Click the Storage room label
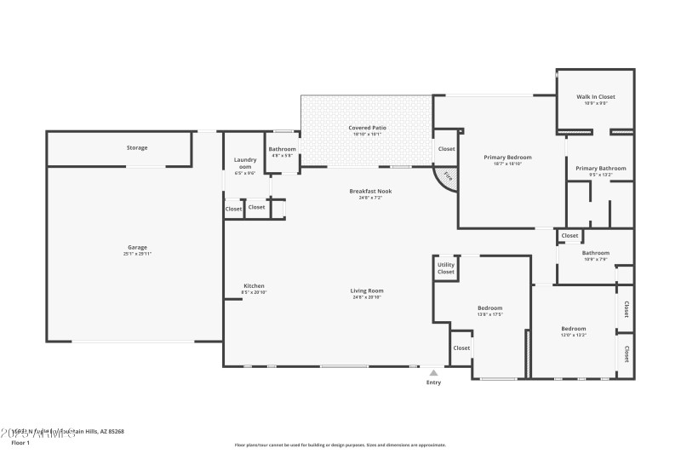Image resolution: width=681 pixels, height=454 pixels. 137,147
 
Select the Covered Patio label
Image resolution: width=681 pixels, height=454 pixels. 367,128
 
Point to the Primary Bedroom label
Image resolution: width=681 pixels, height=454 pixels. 507,157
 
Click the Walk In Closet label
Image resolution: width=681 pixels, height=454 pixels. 595,97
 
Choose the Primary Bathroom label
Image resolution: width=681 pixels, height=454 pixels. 600,168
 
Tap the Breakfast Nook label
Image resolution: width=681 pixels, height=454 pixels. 370,191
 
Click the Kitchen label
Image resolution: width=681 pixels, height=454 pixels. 254,285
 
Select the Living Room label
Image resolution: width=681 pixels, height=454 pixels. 367,290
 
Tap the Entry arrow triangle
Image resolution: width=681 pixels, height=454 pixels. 434,372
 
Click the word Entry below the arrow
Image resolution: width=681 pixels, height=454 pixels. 434,382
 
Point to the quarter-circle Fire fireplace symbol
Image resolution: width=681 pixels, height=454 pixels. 446,178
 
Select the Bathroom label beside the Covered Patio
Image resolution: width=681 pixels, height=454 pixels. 282,149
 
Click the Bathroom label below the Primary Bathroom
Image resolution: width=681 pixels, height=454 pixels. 595,252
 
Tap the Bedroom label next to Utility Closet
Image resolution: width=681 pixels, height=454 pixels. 489,307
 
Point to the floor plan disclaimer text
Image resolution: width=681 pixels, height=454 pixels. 340,445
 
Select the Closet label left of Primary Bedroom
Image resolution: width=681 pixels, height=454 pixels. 446,149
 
